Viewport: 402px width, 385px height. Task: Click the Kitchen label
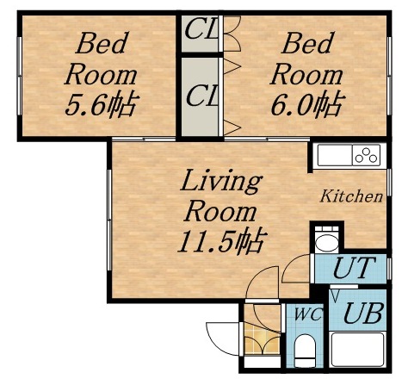[x=351, y=197]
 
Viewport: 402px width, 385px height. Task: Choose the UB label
[x=362, y=312]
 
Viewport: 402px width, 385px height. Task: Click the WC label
[x=308, y=315]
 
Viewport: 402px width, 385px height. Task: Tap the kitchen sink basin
[x=333, y=157]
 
